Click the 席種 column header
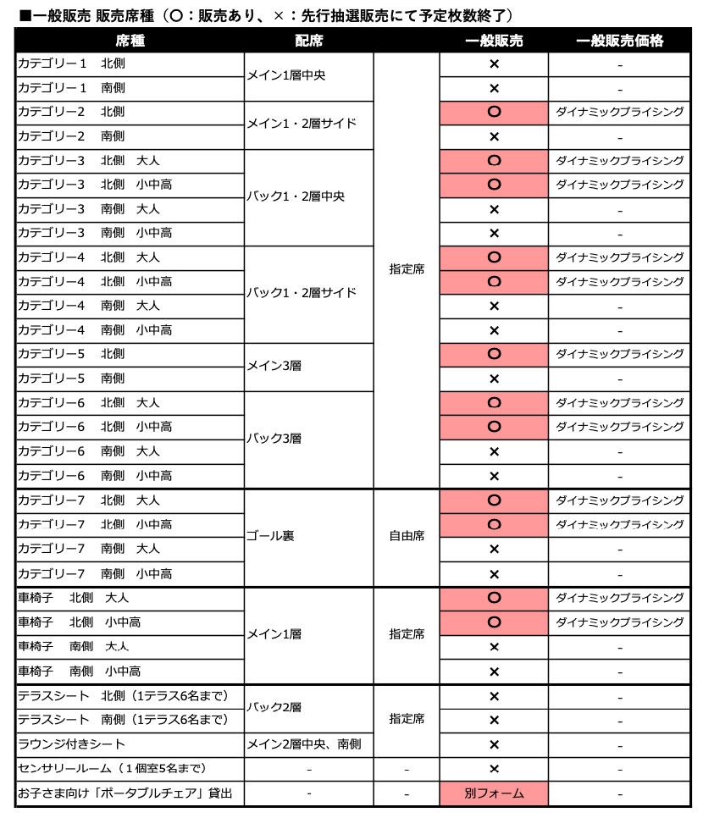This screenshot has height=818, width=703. click(130, 40)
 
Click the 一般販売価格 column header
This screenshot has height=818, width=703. click(619, 40)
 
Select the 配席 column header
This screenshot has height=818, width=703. click(308, 40)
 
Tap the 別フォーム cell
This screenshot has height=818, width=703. click(494, 793)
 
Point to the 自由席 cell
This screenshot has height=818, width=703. click(407, 536)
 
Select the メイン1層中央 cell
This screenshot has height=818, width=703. click(285, 75)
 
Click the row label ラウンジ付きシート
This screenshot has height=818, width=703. click(72, 743)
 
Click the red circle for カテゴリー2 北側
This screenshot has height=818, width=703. click(494, 112)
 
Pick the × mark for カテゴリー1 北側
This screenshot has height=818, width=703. click(494, 64)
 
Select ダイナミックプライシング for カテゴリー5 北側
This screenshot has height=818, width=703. click(619, 353)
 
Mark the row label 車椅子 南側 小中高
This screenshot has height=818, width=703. click(80, 672)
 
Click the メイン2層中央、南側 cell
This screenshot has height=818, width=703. click(304, 743)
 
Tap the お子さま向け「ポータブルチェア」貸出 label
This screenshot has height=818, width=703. click(125, 793)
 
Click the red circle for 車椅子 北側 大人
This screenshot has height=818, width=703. click(494, 598)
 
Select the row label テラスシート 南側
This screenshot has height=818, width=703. click(123, 720)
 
